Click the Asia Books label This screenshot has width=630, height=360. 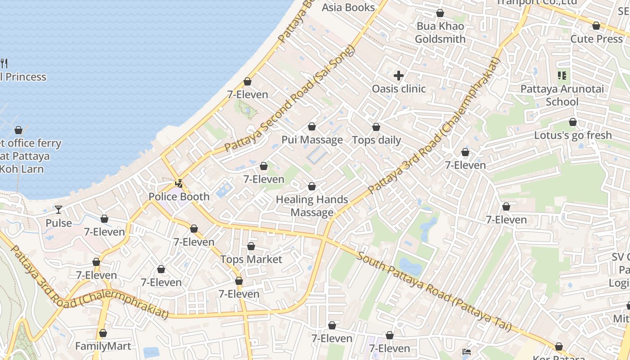(348, 8)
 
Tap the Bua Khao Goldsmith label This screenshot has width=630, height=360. (440, 33)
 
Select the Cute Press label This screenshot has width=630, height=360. (596, 39)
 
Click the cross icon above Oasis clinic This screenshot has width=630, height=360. (398, 76)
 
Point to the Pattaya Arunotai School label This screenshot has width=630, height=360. (562, 95)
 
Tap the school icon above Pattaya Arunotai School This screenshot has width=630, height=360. (562, 76)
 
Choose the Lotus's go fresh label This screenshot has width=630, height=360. (573, 135)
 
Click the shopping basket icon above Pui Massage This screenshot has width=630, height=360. (312, 127)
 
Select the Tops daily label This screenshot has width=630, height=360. (376, 140)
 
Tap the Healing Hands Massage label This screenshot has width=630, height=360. (312, 206)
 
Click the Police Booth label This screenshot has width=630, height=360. (179, 197)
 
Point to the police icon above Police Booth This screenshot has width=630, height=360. (179, 184)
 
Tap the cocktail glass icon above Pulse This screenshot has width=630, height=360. (58, 209)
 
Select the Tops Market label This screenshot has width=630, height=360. (251, 260)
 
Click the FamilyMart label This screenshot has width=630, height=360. (103, 346)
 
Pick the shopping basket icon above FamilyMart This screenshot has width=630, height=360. (103, 333)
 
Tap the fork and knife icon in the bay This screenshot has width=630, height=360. (4, 63)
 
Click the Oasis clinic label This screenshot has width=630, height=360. (398, 89)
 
